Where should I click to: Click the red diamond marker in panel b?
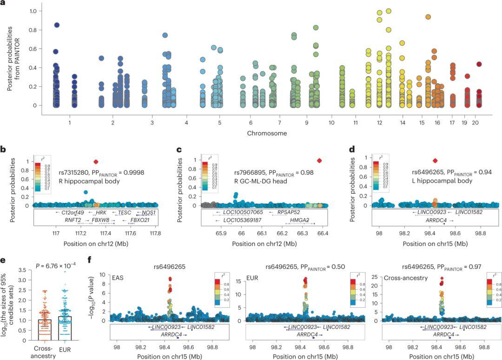click(x=96, y=161)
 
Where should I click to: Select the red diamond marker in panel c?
click(x=319, y=160)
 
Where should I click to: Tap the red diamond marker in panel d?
click(x=435, y=160)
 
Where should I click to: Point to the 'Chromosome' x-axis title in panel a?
click(x=267, y=133)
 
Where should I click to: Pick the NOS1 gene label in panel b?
click(x=149, y=212)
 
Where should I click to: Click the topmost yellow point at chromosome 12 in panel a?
click(x=389, y=11)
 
